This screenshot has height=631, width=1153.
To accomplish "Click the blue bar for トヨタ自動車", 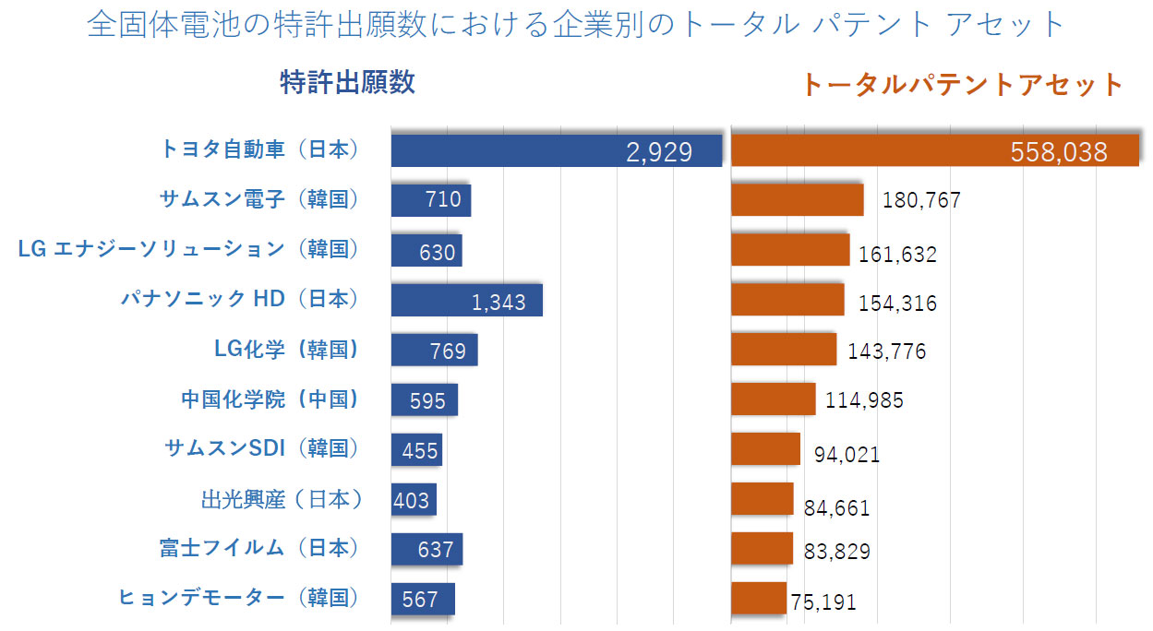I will [x=556, y=150].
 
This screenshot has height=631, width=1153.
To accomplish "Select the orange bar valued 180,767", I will [x=797, y=200].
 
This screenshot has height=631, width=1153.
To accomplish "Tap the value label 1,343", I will [x=498, y=302].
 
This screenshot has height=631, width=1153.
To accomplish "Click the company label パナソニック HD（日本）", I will [x=239, y=299].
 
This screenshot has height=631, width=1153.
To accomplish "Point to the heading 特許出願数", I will [x=347, y=83].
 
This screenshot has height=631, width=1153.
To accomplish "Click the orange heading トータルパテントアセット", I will [x=962, y=85].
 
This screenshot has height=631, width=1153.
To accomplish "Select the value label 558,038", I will [x=1059, y=152].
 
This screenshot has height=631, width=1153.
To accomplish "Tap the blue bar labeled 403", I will [x=413, y=500].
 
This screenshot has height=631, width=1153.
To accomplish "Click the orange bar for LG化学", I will [x=783, y=350].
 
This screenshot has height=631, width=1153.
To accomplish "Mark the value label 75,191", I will [x=823, y=602].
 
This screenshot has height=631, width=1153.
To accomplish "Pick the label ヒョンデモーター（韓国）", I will [x=238, y=598].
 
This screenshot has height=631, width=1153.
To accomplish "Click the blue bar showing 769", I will [x=434, y=350].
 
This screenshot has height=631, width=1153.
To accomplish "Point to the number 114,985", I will [x=864, y=400].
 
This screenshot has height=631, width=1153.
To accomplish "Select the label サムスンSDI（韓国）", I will [x=260, y=448].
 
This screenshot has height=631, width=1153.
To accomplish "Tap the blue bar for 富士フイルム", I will [x=426, y=549].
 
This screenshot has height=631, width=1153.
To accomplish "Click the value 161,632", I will [x=897, y=254].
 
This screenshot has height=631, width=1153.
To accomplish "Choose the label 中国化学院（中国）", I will [x=270, y=399].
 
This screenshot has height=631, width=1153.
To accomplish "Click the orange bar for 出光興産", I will [x=762, y=499].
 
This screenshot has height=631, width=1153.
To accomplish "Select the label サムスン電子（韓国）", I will [x=258, y=198].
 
